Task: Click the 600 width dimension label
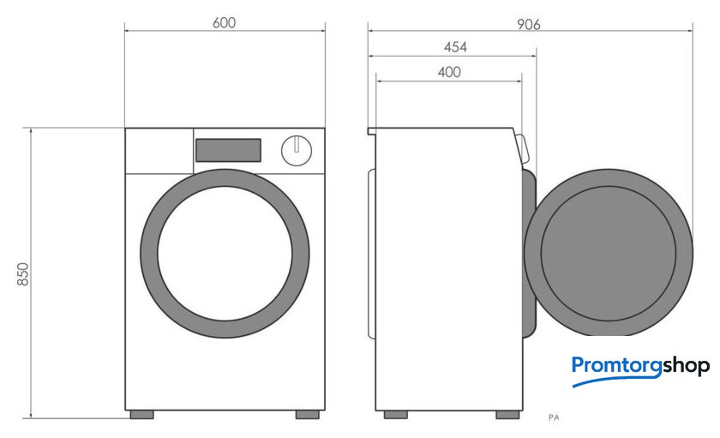pyautogui.click(x=224, y=22)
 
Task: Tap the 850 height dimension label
pyautogui.click(x=23, y=274)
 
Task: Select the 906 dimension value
pyautogui.click(x=529, y=24)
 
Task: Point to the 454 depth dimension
pyautogui.click(x=455, y=47)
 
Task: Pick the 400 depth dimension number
pyautogui.click(x=449, y=72)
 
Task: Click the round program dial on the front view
pyautogui.click(x=297, y=150)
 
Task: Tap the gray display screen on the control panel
pyautogui.click(x=228, y=150)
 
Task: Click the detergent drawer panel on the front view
pyautogui.click(x=159, y=151)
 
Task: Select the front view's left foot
pyautogui.click(x=142, y=415)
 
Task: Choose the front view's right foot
pyautogui.click(x=307, y=415)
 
